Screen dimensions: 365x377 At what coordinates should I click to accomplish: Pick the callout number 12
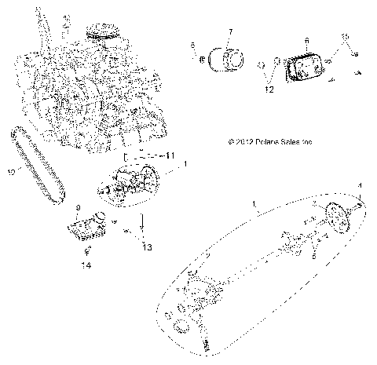coord(269,90)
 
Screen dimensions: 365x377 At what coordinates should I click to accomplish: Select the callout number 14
coord(88,266)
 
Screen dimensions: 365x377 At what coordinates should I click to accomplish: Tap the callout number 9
coord(79,207)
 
